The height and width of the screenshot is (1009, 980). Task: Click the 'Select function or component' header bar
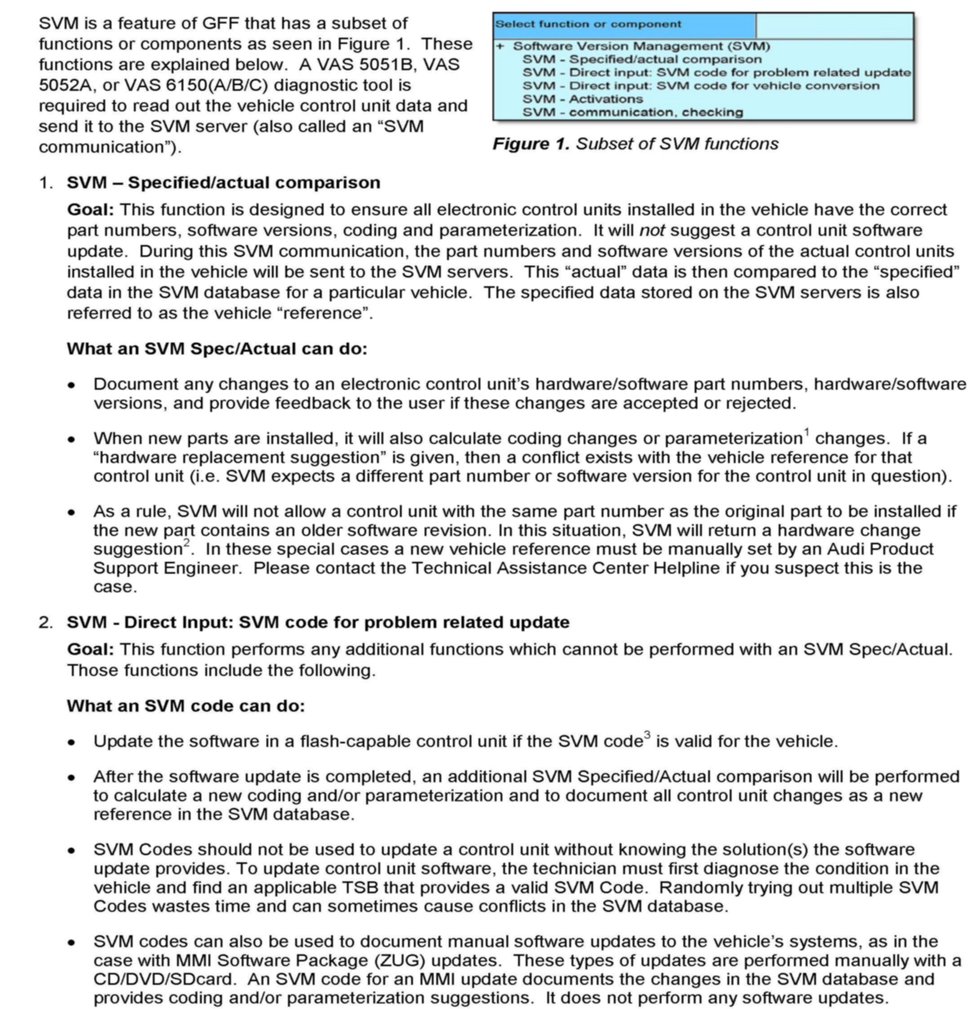[x=624, y=25]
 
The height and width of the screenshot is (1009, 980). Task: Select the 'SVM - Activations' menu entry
[x=583, y=99]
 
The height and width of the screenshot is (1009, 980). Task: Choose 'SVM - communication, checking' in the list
[x=633, y=112]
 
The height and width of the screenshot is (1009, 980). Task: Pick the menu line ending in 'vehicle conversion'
[x=701, y=85]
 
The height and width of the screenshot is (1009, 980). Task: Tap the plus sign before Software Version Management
[x=499, y=46]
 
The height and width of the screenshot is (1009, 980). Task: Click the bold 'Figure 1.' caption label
[x=531, y=144]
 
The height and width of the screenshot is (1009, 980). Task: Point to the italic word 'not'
[x=652, y=231]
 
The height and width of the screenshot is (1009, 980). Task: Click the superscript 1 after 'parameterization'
[x=807, y=432]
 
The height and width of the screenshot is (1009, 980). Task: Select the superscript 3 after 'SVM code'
[x=647, y=734]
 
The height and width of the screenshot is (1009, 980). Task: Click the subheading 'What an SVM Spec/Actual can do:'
[x=217, y=349]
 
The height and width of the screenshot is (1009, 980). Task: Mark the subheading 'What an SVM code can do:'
[x=186, y=706]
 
